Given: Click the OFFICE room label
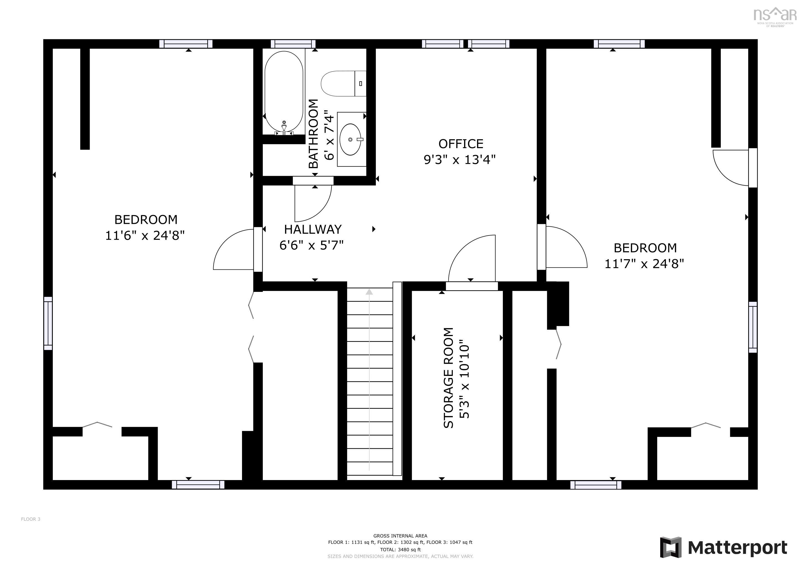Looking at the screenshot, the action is tap(461, 144).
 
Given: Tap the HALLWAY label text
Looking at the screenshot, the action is tap(313, 229).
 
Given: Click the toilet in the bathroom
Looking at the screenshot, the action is tap(343, 84).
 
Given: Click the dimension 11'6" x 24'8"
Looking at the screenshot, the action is tap(145, 235).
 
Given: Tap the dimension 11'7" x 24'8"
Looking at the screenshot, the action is tap(644, 264).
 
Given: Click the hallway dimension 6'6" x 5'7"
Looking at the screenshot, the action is tap(311, 245).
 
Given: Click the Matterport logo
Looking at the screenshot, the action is tap(724, 547).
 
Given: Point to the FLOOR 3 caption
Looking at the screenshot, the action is tap(31, 519).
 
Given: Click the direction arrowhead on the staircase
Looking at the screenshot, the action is tap(369, 291).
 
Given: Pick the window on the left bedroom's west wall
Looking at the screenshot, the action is tap(48, 323).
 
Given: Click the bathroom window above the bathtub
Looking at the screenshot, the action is tap(293, 44).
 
